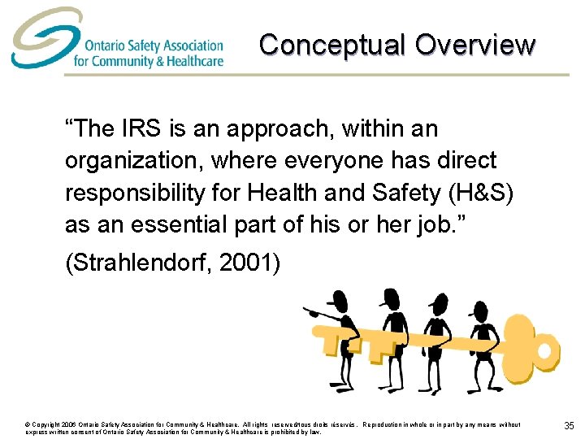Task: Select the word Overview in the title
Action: click(475, 45)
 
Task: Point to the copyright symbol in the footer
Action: click(28, 424)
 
